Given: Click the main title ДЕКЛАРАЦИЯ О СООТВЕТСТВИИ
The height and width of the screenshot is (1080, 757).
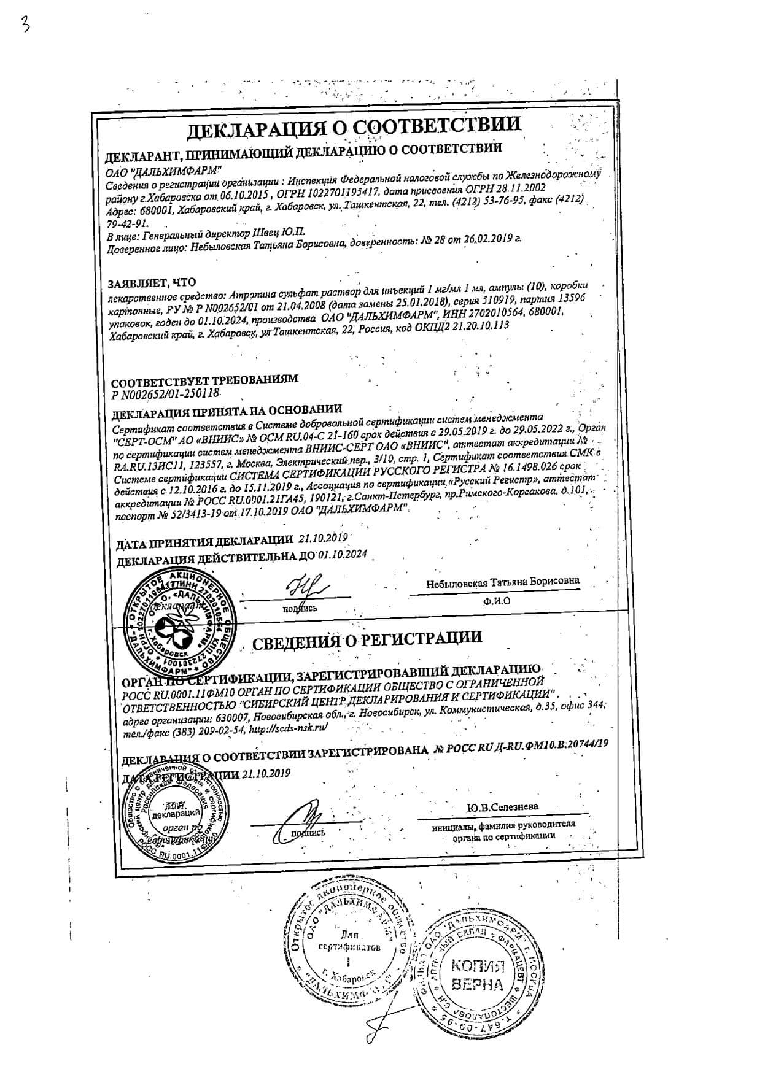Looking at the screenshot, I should coord(354,127).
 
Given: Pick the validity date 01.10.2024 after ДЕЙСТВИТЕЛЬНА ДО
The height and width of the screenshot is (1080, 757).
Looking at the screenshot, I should coord(342,554).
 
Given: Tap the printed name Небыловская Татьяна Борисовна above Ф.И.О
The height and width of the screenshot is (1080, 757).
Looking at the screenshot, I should coord(503,582).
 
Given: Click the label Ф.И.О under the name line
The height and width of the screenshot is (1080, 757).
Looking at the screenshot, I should coord(496,601).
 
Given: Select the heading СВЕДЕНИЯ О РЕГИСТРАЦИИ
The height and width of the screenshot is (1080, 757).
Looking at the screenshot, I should coord(367,639).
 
